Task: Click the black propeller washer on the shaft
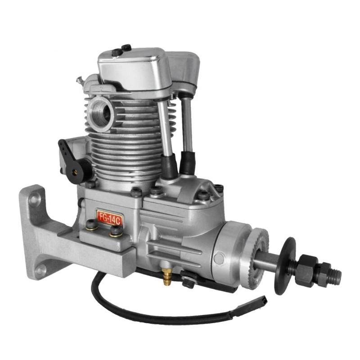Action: [285, 266]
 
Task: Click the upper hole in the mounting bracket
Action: [33, 199]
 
